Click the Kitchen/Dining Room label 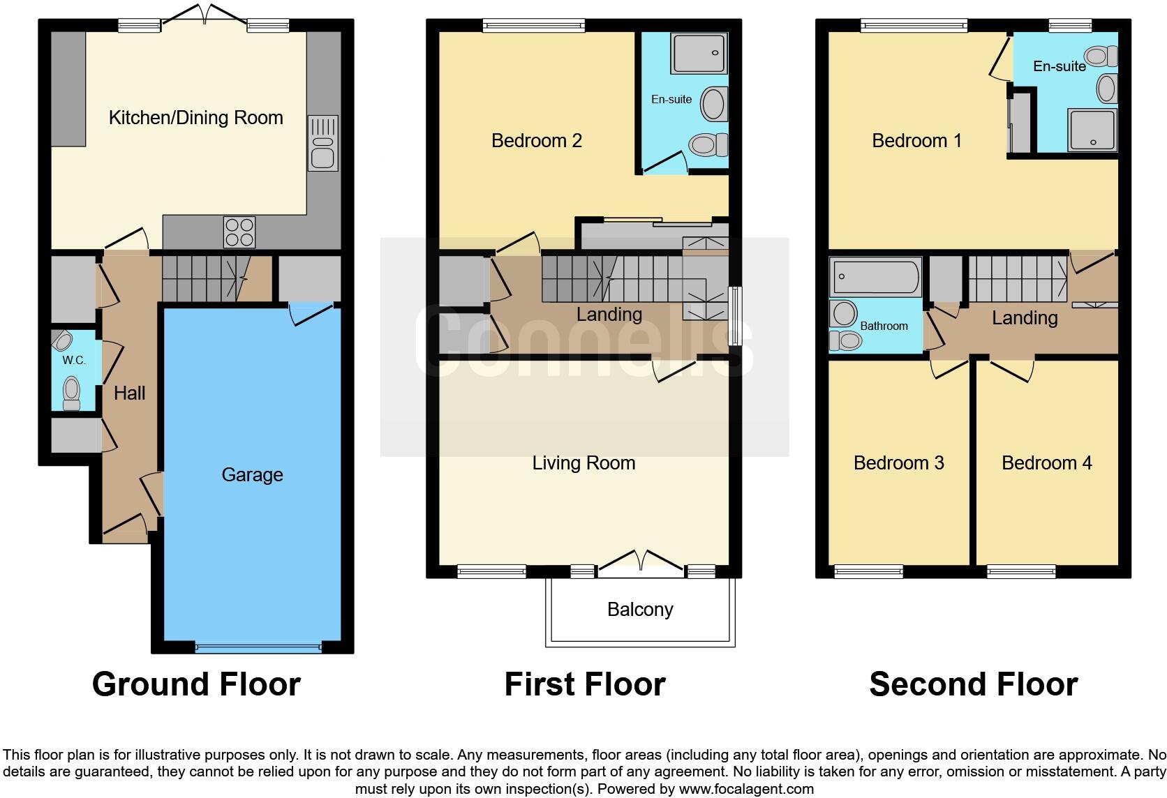pyautogui.click(x=195, y=117)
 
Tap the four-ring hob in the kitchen pyautogui.click(x=239, y=232)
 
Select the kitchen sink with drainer pyautogui.click(x=322, y=144)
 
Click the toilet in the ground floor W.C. pyautogui.click(x=71, y=393)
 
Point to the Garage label pyautogui.click(x=252, y=475)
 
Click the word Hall pyautogui.click(x=129, y=393)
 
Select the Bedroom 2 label pyautogui.click(x=536, y=141)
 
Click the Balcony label pyautogui.click(x=640, y=610)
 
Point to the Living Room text pyautogui.click(x=583, y=463)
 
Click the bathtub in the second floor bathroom pyautogui.click(x=875, y=277)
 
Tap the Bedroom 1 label pyautogui.click(x=916, y=141)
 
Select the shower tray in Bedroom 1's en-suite pyautogui.click(x=1092, y=130)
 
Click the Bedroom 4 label pyautogui.click(x=1046, y=463)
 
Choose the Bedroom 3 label pyautogui.click(x=898, y=463)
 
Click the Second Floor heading pyautogui.click(x=973, y=684)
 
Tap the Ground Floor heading pyautogui.click(x=196, y=684)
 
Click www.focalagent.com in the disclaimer pyautogui.click(x=745, y=790)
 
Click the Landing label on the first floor pyautogui.click(x=609, y=315)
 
